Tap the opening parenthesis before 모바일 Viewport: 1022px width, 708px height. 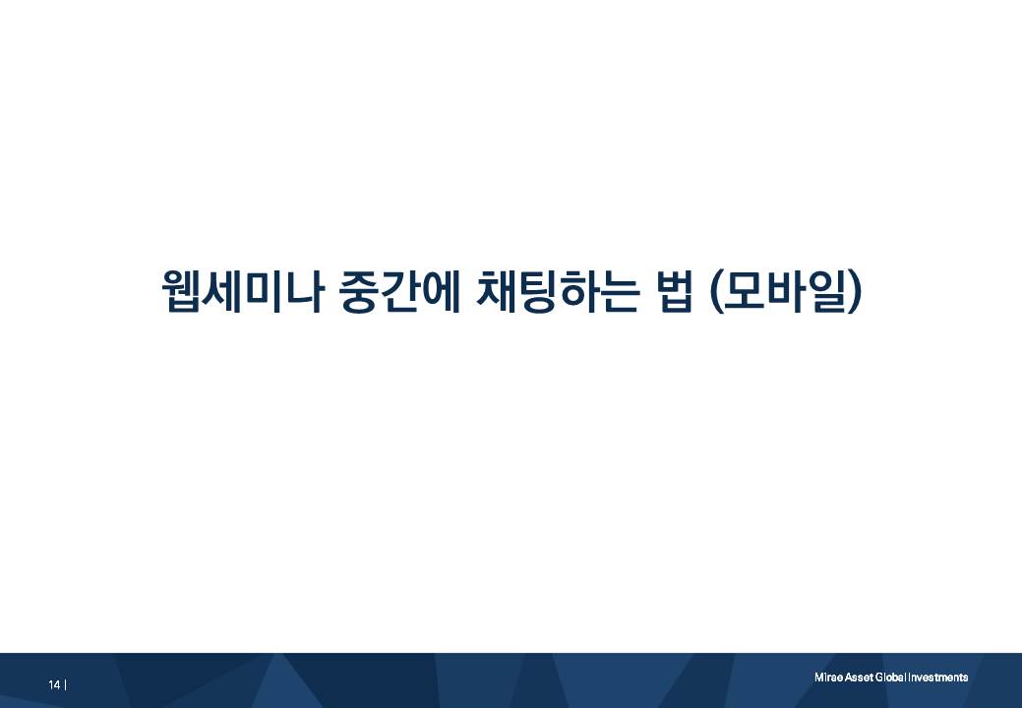[715, 292]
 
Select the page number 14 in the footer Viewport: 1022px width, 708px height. [54, 684]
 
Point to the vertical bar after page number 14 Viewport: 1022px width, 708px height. [65, 684]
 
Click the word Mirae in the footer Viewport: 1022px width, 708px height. [826, 678]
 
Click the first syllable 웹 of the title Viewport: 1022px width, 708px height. [180, 291]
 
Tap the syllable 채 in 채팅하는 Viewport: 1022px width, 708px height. [495, 291]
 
